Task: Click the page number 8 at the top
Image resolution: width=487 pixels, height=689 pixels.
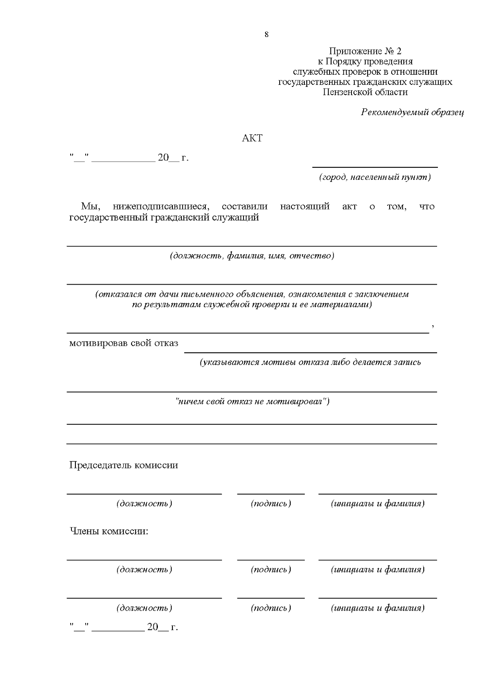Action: click(266, 35)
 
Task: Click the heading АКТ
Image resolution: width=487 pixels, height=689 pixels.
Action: click(252, 138)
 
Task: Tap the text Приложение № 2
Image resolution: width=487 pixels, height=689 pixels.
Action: click(365, 51)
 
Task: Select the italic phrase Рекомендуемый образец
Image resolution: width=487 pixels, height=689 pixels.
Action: click(412, 112)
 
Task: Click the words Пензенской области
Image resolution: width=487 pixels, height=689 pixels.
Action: click(365, 92)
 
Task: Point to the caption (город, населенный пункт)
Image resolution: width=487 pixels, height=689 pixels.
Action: click(375, 177)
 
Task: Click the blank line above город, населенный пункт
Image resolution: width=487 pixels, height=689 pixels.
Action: click(375, 166)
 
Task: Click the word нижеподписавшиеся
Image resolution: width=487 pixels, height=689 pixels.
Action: click(160, 206)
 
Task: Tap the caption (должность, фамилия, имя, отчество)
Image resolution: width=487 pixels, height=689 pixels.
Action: click(252, 256)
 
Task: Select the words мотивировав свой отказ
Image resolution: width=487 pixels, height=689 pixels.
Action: click(123, 343)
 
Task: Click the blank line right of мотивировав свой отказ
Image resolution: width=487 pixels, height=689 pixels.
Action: click(310, 352)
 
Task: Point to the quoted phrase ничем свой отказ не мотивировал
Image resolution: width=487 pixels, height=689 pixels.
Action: click(252, 402)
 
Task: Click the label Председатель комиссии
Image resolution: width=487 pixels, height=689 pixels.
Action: click(123, 465)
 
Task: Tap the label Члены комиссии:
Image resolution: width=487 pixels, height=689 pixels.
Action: click(109, 531)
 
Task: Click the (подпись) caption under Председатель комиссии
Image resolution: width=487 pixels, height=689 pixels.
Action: click(271, 504)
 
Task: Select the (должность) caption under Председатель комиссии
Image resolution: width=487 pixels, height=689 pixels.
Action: click(144, 504)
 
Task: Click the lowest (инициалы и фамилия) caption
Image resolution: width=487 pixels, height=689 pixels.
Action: click(377, 608)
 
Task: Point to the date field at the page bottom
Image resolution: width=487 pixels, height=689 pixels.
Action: click(123, 627)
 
